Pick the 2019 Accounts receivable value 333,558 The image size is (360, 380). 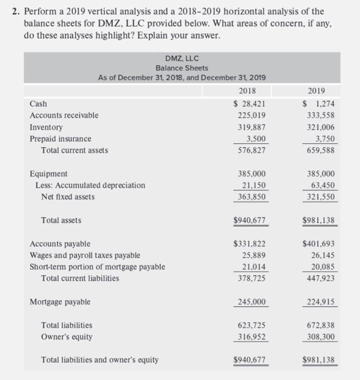coord(320,115)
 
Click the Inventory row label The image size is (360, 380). coord(46,127)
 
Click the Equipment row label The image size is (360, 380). coord(49,174)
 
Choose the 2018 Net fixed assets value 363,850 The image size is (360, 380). coord(252,197)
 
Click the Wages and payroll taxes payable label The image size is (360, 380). coord(85,255)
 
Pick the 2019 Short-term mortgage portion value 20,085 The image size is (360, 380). coord(323,267)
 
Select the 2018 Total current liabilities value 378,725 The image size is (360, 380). coord(252,278)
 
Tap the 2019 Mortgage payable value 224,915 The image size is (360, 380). coord(320,302)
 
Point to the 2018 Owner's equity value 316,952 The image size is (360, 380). coord(252,337)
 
